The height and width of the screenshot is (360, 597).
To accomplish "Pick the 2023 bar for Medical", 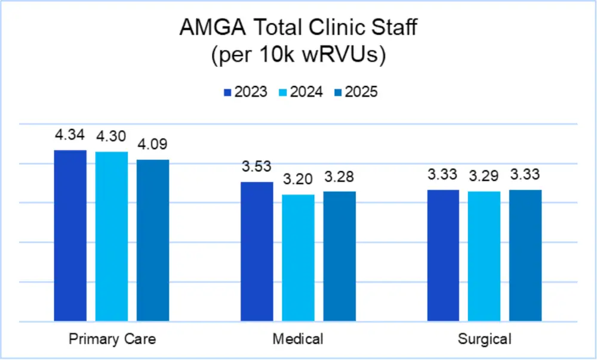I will click(257, 251).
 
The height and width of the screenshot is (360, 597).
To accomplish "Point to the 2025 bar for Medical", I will click(339, 256).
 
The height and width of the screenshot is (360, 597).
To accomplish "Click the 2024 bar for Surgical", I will click(484, 256).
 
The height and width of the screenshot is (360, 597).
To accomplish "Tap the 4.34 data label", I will click(70, 136).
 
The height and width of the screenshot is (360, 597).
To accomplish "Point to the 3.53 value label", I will click(257, 167).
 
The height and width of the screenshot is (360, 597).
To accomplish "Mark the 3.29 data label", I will click(484, 176).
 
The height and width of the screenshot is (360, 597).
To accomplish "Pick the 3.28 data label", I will click(339, 177).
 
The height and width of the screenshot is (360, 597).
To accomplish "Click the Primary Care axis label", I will click(112, 339).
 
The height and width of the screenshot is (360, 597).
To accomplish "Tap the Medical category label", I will click(298, 339).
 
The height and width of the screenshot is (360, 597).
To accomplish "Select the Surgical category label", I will click(484, 339).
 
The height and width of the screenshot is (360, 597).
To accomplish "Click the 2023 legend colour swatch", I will click(227, 93).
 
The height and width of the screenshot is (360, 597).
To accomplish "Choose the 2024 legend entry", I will click(301, 93).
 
